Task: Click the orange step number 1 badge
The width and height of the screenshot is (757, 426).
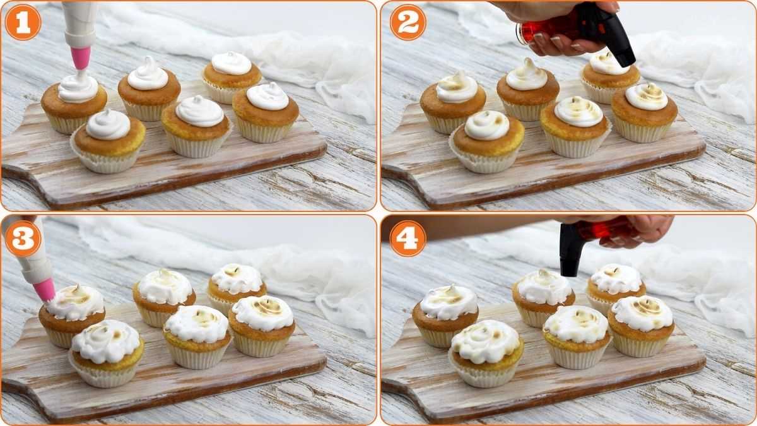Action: pos(23,23)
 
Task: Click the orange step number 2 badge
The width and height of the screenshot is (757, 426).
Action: pos(408,23)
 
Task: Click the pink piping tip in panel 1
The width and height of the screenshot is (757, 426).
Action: pos(81,57)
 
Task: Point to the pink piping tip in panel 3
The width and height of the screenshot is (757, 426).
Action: pos(44,289)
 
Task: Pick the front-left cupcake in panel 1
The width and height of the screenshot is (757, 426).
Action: pos(109,142)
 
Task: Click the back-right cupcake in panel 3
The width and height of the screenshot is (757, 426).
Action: pos(237,287)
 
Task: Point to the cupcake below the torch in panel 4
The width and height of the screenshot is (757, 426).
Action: pos(544,297)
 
